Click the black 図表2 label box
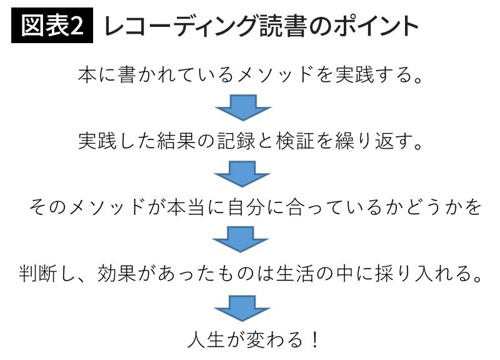(x=52, y=26)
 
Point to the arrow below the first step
(x=242, y=107)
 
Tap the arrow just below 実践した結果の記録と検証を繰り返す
(x=242, y=173)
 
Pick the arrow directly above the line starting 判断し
(x=242, y=240)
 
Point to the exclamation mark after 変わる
(x=314, y=340)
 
